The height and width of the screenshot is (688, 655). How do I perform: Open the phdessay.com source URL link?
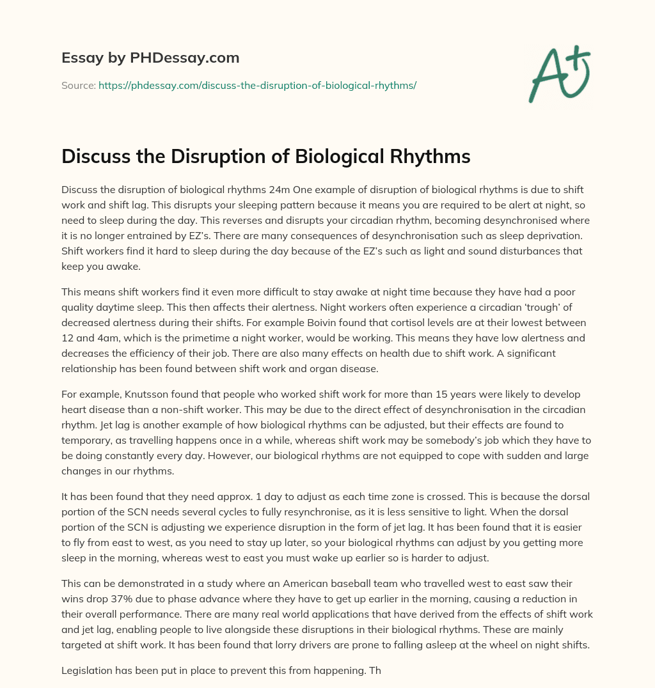pos(257,85)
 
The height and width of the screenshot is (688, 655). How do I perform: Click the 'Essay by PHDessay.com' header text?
pos(150,58)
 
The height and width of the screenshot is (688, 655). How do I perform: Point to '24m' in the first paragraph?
pos(282,190)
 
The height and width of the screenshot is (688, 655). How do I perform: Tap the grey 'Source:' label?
pos(79,85)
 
